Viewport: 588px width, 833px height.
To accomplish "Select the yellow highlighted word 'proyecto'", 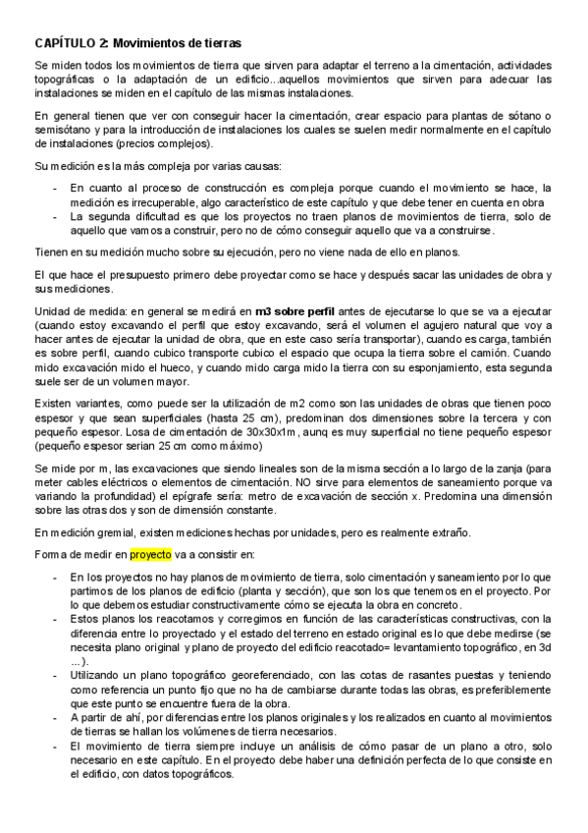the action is (x=150, y=554).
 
